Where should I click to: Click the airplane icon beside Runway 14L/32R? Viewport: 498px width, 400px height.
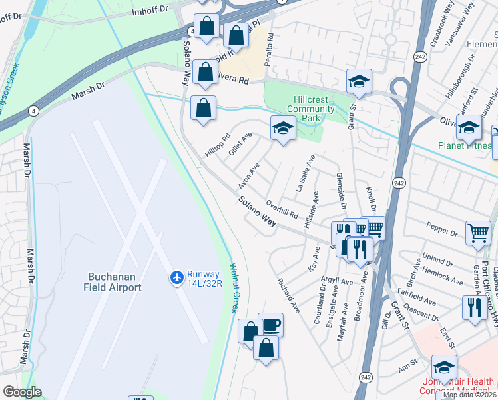click(176, 276)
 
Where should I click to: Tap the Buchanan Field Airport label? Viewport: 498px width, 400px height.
click(113, 282)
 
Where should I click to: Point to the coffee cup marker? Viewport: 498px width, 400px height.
click(270, 325)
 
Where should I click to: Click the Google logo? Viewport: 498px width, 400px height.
click(22, 392)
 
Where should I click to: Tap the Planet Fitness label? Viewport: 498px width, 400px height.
click(465, 145)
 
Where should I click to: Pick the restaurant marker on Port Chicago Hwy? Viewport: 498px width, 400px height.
click(473, 308)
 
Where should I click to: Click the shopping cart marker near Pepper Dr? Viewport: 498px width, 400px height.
click(479, 233)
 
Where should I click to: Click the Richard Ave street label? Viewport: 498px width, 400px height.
click(290, 296)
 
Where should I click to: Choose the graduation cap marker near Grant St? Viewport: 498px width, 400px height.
click(359, 82)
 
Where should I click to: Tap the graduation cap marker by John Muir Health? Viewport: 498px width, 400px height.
click(445, 367)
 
